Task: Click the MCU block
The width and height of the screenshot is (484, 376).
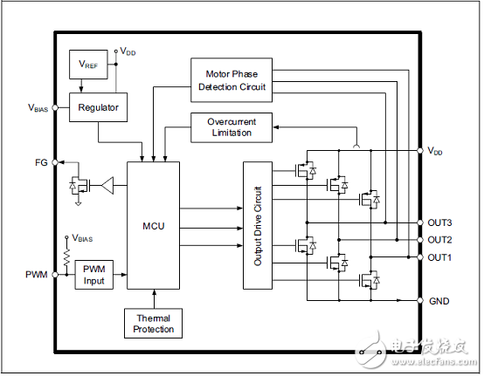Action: coord(153,225)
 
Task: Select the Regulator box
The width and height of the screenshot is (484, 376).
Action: coord(98,107)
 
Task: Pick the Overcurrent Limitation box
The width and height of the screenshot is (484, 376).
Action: coord(231,126)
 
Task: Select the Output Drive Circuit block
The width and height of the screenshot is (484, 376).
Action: coord(258,226)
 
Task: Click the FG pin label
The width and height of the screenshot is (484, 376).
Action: coord(41,162)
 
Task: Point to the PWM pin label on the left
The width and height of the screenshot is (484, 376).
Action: coord(38,274)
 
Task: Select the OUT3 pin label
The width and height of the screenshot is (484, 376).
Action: coord(439,222)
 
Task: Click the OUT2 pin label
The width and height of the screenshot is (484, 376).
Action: coord(439,240)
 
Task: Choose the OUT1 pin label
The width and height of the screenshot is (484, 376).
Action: coord(439,257)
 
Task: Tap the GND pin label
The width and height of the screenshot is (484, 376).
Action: coord(439,300)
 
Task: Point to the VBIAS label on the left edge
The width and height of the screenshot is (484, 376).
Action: coord(38,108)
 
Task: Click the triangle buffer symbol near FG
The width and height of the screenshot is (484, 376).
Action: coord(107,184)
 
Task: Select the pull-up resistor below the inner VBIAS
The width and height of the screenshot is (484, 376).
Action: coord(67,258)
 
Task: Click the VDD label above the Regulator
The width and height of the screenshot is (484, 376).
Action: coord(128,52)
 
